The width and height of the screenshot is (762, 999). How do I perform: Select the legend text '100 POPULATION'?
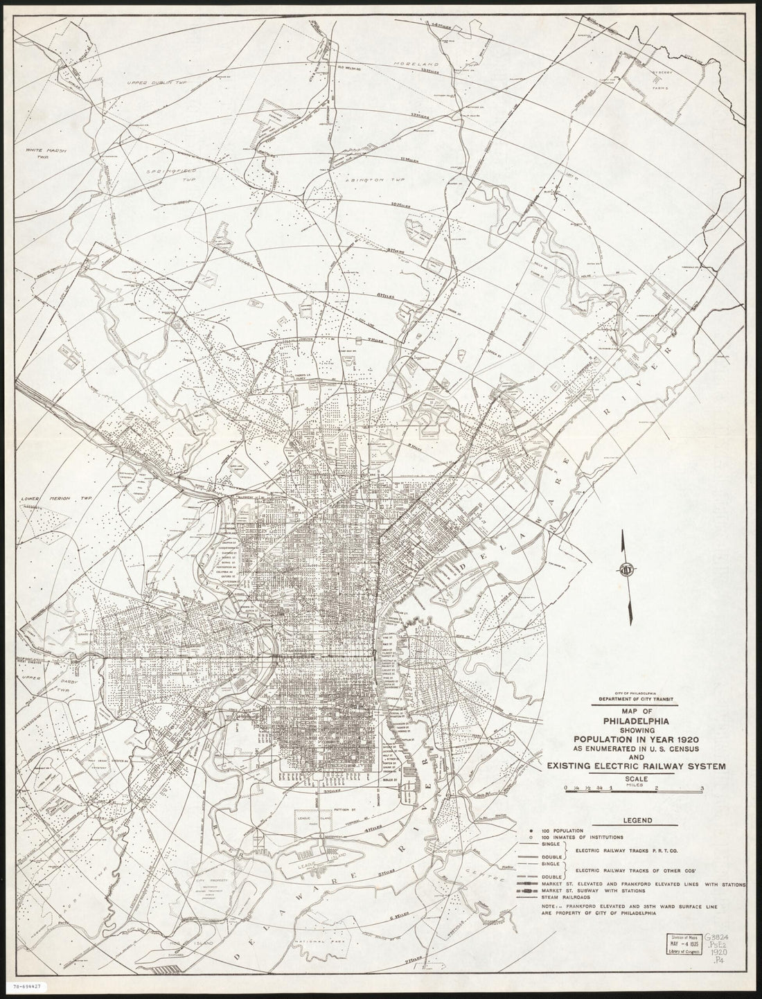(563, 830)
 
